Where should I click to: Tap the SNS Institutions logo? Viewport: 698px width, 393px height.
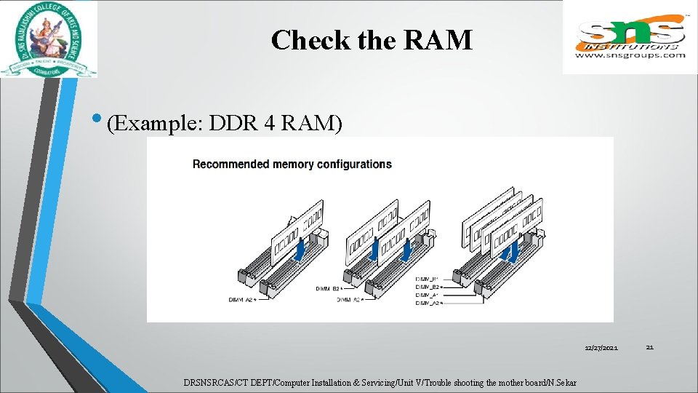[x=630, y=36]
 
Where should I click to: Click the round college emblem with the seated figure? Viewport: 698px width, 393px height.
[x=48, y=39]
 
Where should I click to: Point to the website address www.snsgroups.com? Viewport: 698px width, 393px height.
[x=630, y=55]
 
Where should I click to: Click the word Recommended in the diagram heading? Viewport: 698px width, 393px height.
[x=230, y=164]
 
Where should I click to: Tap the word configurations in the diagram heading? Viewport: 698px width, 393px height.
[x=351, y=164]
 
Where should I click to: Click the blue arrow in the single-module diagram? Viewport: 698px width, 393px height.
[x=300, y=250]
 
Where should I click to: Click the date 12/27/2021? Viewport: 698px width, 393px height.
[x=601, y=349]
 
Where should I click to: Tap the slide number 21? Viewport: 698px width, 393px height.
[x=650, y=348]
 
